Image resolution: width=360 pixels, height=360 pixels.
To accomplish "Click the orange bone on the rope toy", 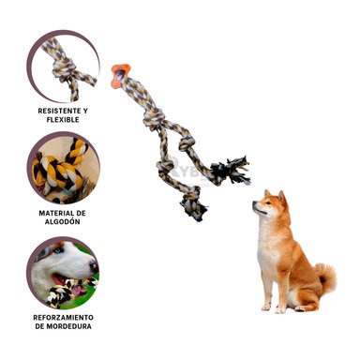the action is click(x=120, y=76).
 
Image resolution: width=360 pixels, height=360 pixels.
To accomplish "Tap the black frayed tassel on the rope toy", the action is click(x=232, y=172).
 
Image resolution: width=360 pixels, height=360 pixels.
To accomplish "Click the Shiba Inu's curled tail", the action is click(x=325, y=277).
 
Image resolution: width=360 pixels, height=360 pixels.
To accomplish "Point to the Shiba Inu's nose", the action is click(x=254, y=203).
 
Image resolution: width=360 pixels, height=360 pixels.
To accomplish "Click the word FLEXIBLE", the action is click(x=63, y=120).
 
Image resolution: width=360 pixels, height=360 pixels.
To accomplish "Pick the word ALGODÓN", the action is click(x=63, y=222).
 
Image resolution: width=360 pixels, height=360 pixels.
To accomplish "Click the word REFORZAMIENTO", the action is click(x=63, y=318).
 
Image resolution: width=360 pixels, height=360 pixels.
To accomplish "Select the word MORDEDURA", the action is click(x=68, y=326).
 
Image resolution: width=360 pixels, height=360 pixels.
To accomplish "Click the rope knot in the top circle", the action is click(x=64, y=68).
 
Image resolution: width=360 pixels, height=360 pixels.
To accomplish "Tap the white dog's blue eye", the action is click(x=59, y=250).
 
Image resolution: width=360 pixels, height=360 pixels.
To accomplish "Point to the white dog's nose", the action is click(x=94, y=266).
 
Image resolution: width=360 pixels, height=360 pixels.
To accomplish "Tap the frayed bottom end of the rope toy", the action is click(x=194, y=207).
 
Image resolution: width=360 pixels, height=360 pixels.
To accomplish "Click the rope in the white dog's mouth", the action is click(x=68, y=289).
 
